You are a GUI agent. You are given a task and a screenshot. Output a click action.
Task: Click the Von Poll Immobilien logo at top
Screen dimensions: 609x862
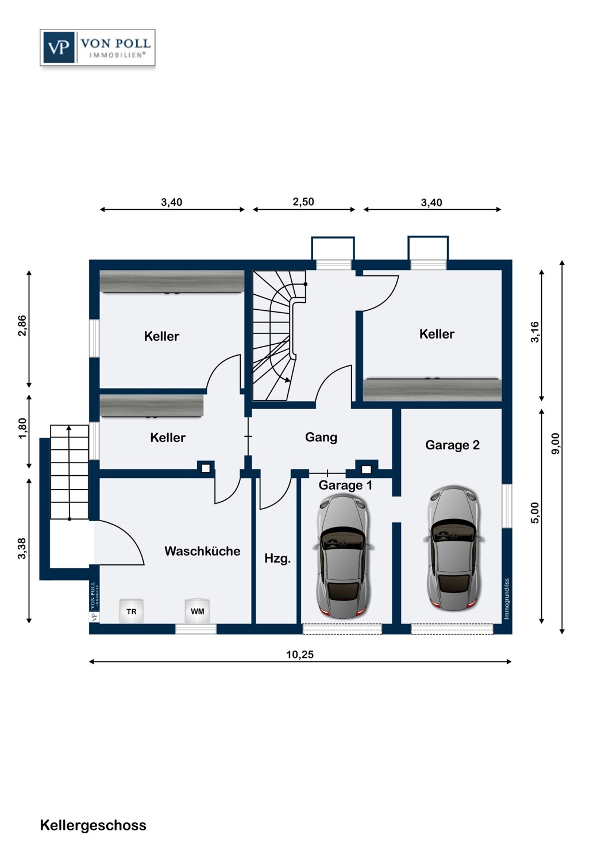97,48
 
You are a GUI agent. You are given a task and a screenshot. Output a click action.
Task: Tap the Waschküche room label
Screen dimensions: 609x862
202,551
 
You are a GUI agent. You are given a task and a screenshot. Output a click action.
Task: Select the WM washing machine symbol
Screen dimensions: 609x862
198,611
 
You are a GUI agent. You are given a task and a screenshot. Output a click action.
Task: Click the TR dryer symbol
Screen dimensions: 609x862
131,611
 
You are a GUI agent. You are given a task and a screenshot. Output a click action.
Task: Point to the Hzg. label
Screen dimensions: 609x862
277,559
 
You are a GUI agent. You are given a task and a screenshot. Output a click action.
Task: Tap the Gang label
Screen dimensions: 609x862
321,437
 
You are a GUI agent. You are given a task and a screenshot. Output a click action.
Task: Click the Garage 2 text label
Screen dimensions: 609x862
452,445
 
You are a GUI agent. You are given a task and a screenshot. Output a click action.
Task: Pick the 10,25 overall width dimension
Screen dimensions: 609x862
300,655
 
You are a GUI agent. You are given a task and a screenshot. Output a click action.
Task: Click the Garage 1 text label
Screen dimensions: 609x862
345,485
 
